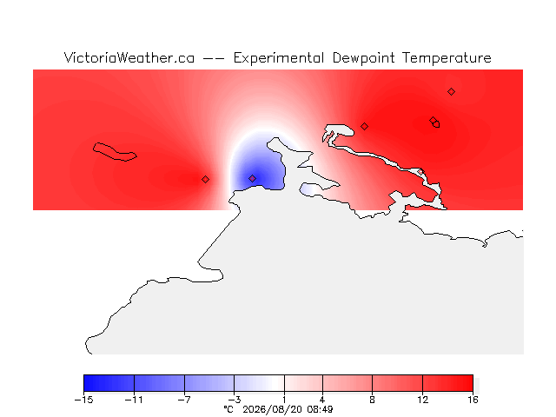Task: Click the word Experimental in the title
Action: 278,58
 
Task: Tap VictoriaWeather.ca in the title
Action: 129,57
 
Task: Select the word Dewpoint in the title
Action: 363,58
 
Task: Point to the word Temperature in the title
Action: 447,58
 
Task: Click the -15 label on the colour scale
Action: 83,400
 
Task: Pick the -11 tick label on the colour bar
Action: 134,400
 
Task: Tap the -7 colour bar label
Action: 184,400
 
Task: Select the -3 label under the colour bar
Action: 234,400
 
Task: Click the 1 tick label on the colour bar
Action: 284,400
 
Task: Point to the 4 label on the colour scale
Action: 322,400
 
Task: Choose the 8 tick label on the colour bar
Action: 372,400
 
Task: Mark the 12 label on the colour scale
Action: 422,400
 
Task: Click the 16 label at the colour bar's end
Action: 473,400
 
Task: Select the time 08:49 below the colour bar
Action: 320,409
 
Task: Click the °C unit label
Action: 228,409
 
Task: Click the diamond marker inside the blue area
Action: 252,178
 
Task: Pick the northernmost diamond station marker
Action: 451,92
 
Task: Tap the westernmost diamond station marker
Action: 205,180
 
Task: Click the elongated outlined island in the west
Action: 115,152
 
